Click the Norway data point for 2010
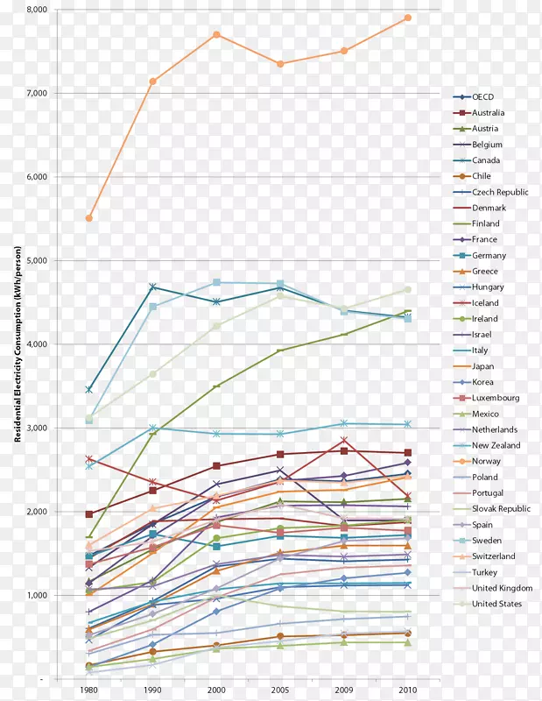click(x=408, y=18)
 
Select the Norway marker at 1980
click(x=89, y=218)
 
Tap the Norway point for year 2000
click(x=216, y=34)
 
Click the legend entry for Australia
click(x=488, y=113)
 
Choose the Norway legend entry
click(x=486, y=462)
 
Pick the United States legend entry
click(x=496, y=605)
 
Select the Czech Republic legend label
click(x=500, y=192)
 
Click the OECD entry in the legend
click(x=483, y=97)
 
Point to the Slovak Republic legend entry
click(x=501, y=509)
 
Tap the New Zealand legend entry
click(x=496, y=446)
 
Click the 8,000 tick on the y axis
click(x=38, y=10)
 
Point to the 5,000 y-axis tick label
click(x=38, y=260)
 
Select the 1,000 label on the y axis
click(x=38, y=595)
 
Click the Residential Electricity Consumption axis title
click(x=18, y=343)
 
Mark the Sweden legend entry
click(x=486, y=541)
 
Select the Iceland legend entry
click(x=485, y=303)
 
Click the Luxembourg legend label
click(x=495, y=398)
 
